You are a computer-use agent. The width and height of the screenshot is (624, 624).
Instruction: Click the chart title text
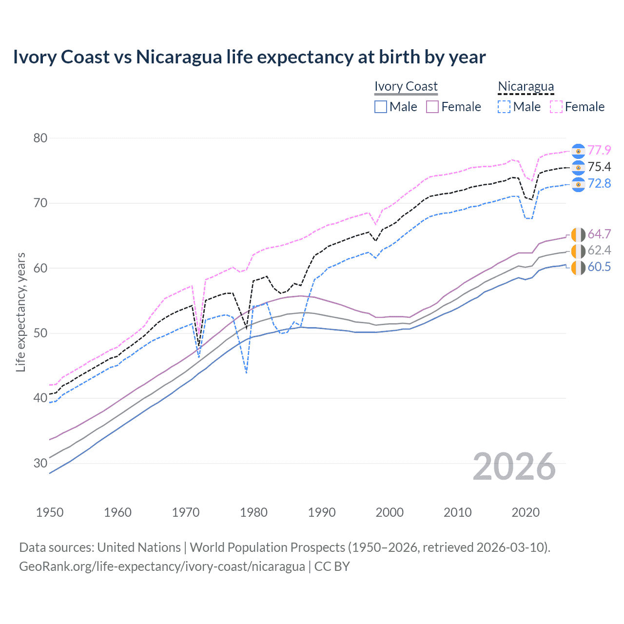(x=249, y=57)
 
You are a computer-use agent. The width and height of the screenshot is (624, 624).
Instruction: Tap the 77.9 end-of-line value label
(x=599, y=150)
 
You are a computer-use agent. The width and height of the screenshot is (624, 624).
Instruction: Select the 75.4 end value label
(x=599, y=167)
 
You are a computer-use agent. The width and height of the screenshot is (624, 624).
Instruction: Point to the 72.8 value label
(x=599, y=183)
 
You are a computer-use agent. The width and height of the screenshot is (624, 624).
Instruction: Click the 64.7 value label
(x=599, y=234)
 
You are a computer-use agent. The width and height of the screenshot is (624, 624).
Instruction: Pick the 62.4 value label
(x=599, y=251)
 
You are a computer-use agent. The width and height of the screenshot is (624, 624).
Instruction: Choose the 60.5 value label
(x=599, y=267)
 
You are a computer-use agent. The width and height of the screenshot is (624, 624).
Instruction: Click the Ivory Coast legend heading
(x=406, y=86)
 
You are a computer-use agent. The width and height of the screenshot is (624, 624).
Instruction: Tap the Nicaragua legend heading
(x=526, y=86)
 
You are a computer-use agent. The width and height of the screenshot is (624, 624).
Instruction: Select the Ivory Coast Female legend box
(x=432, y=107)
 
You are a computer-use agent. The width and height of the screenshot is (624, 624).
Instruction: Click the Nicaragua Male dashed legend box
(x=504, y=107)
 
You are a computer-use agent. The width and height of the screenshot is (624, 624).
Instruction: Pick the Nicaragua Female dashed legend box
(x=556, y=107)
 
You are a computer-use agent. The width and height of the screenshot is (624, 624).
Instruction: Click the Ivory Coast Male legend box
(x=381, y=107)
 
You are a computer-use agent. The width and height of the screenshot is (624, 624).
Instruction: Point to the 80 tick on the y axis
(x=40, y=138)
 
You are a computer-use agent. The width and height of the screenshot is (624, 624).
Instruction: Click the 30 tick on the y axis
(x=40, y=463)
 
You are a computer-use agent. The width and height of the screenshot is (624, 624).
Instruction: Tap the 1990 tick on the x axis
(x=322, y=512)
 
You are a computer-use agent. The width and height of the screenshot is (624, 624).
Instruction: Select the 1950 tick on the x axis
(x=50, y=512)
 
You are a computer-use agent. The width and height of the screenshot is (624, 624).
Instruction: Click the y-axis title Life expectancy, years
(x=20, y=312)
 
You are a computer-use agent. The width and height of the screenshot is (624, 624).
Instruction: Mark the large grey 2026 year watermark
(x=514, y=467)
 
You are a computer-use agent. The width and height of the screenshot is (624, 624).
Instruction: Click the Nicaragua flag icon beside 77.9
(x=578, y=151)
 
